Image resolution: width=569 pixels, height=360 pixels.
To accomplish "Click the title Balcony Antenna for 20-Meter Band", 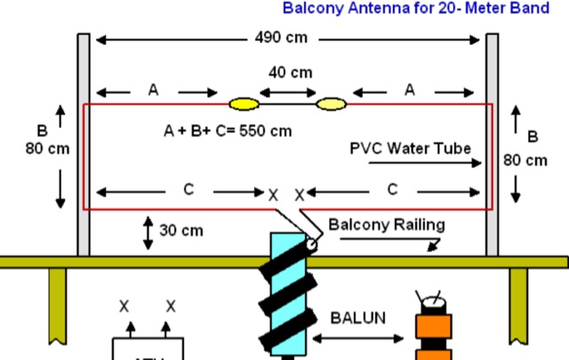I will click(x=424, y=9).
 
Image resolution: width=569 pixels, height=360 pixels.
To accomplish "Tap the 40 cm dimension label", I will click(x=290, y=73).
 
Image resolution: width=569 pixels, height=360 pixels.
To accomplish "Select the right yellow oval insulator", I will click(x=332, y=104).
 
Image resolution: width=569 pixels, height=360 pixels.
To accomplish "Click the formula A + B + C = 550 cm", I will click(x=228, y=131).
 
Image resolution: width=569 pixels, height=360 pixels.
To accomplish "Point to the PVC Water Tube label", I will click(x=410, y=148).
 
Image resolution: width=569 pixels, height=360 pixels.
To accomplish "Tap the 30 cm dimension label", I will click(x=181, y=230).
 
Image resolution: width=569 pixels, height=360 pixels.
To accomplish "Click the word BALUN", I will click(x=357, y=316).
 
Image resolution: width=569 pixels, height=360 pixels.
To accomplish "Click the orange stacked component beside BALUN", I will click(x=434, y=329).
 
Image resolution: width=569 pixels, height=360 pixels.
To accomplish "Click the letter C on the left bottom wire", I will click(x=188, y=190).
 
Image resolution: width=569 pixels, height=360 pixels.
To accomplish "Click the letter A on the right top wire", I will click(x=410, y=89).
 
